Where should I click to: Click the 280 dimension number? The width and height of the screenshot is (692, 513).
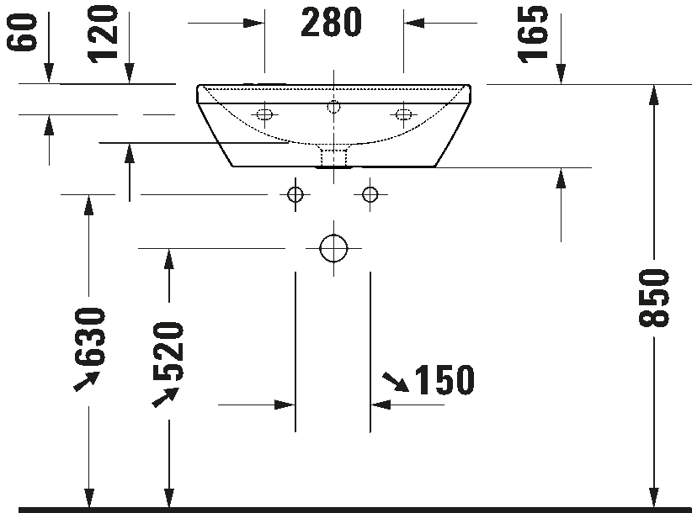point(331,22)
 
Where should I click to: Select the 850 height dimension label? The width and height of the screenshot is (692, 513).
point(654,298)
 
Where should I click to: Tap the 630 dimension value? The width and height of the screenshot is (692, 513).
point(90,337)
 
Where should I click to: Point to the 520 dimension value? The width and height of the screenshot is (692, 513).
point(168,352)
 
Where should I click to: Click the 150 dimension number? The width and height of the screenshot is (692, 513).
point(444,379)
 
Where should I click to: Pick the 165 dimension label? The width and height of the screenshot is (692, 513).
point(533,34)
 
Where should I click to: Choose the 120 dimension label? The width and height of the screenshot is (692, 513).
point(103,34)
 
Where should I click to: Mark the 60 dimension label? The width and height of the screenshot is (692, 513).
point(22,32)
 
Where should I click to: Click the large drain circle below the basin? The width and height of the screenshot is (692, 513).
point(333,249)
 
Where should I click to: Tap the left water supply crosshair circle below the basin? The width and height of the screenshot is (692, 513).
point(295,194)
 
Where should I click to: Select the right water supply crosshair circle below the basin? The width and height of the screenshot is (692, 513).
point(370,194)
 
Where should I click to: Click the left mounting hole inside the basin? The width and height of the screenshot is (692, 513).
point(264,115)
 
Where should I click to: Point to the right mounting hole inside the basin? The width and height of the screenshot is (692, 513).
point(403,115)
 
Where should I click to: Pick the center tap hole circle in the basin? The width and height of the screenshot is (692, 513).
point(333,107)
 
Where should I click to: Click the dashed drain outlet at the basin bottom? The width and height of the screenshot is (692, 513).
point(334,158)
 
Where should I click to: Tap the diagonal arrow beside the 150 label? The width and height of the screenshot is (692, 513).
point(396,382)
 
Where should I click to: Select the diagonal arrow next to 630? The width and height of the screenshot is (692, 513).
point(87,381)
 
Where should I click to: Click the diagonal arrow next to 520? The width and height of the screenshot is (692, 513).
point(166,397)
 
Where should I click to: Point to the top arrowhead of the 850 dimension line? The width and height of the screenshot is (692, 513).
point(654,95)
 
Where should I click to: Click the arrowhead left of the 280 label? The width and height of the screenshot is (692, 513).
point(254,23)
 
